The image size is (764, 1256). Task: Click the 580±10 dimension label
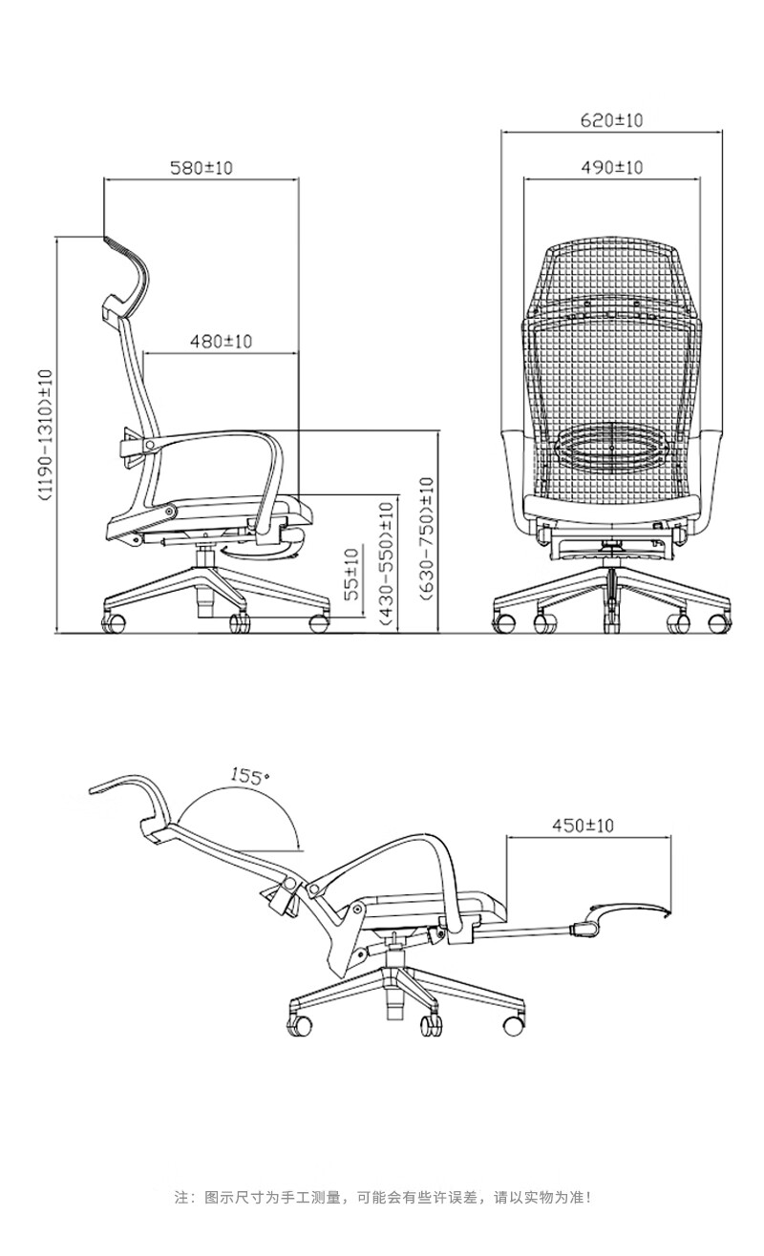point(201,168)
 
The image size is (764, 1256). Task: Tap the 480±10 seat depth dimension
point(221,341)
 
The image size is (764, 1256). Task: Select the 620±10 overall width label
point(611,120)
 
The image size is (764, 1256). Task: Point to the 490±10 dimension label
point(611,167)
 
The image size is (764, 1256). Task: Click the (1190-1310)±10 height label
point(46,434)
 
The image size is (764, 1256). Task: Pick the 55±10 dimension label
point(350,575)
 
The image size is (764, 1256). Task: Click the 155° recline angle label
point(245,776)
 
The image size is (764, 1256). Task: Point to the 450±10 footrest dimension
point(583,826)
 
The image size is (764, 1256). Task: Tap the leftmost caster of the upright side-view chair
point(114,623)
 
